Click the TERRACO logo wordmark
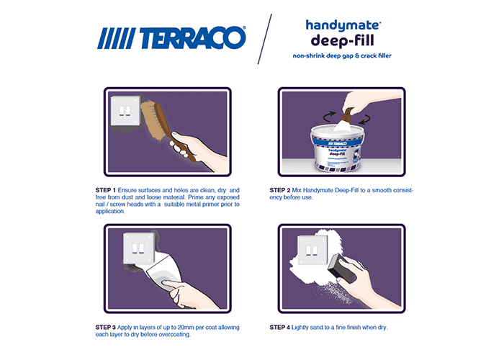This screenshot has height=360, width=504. [192, 38]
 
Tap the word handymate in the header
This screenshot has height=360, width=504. [343, 26]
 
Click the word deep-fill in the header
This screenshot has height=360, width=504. [342, 41]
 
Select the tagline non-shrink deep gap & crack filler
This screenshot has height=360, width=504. [342, 55]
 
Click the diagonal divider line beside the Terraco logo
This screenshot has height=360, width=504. [265, 39]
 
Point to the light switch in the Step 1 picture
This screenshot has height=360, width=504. [126, 111]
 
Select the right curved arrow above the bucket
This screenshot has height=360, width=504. [364, 119]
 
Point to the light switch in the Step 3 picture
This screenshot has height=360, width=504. [139, 248]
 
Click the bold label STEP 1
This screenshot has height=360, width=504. [105, 190]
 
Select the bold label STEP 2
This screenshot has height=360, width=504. [280, 190]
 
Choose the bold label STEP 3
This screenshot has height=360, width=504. [105, 328]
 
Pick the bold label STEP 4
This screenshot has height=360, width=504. [280, 328]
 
